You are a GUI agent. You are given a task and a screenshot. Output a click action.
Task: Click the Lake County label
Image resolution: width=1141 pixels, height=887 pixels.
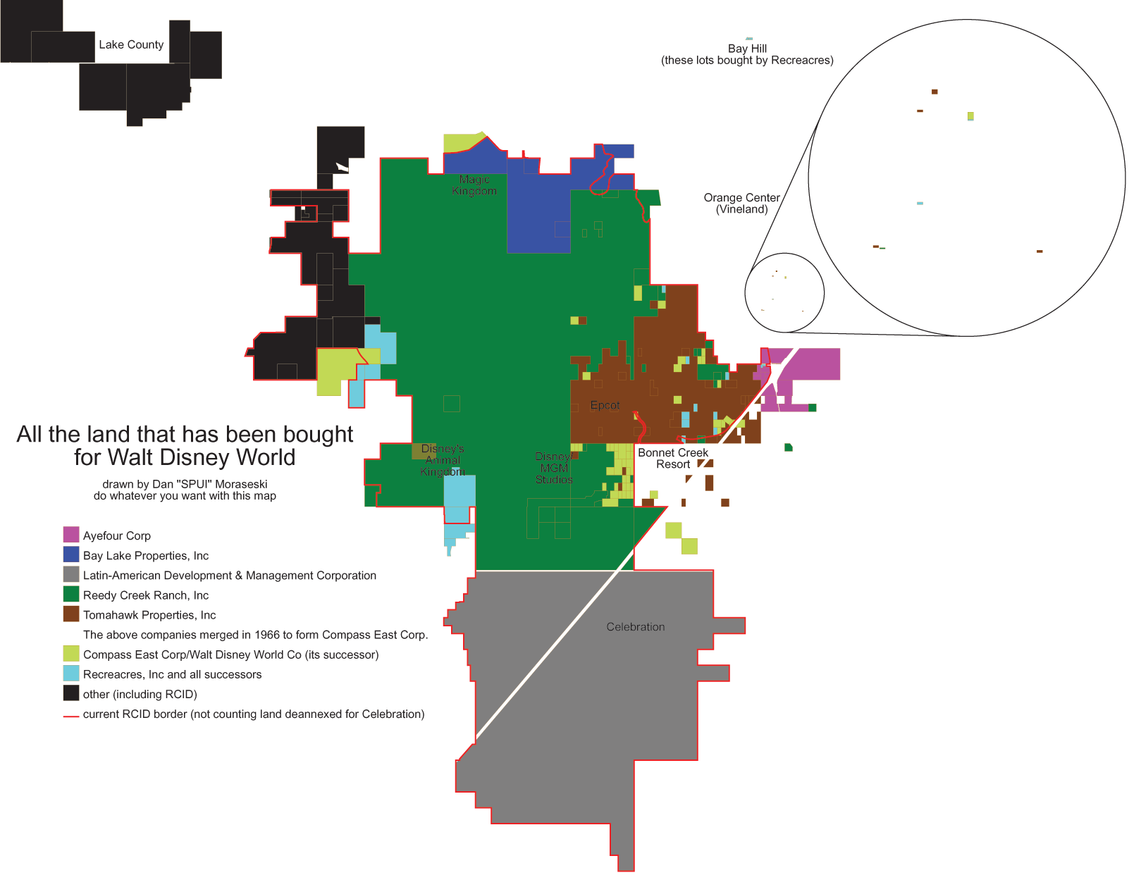pos(131,44)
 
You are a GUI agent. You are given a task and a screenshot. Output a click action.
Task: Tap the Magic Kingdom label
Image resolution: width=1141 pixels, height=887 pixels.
pos(474,185)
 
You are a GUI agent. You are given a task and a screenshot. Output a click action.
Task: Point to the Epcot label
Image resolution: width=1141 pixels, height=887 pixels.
pos(605,405)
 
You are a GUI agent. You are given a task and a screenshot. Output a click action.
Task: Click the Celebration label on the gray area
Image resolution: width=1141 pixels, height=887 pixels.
pos(635,627)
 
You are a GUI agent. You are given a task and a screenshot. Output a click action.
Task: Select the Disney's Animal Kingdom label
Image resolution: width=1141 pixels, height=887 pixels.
pos(443,460)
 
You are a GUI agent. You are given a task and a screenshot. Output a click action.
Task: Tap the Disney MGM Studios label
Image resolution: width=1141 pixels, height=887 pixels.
pos(554,468)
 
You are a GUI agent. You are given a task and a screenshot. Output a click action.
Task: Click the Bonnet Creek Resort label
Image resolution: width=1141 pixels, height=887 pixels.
pos(673,459)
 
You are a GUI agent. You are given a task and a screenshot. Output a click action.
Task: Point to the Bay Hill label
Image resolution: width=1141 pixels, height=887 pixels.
pos(747,49)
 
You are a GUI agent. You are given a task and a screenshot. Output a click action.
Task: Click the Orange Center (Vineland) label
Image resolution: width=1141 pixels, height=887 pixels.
pos(741,204)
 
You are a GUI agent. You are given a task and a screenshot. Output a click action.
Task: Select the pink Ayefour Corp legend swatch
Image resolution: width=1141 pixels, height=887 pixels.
pos(71,534)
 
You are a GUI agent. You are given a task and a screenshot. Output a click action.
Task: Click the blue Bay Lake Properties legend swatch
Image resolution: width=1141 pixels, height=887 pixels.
pos(71,554)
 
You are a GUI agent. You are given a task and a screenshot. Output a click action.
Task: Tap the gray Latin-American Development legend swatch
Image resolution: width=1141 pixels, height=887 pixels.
pos(71,574)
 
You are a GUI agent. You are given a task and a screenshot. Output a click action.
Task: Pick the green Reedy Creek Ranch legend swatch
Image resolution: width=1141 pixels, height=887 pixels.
pos(71,594)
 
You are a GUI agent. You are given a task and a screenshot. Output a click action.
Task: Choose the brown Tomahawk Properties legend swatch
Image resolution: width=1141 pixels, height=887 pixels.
pos(71,614)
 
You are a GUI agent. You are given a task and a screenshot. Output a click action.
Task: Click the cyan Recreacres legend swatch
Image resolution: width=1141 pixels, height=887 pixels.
pos(71,674)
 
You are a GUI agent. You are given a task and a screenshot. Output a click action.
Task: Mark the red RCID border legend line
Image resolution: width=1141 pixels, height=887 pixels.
pos(71,716)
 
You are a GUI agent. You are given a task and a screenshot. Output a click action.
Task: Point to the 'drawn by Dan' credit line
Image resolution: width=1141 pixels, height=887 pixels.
pos(185,485)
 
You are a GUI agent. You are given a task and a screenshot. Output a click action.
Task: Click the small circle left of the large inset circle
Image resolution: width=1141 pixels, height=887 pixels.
pos(784,292)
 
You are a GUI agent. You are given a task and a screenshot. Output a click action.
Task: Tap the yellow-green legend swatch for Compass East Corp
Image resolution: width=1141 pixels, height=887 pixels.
pos(71,654)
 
